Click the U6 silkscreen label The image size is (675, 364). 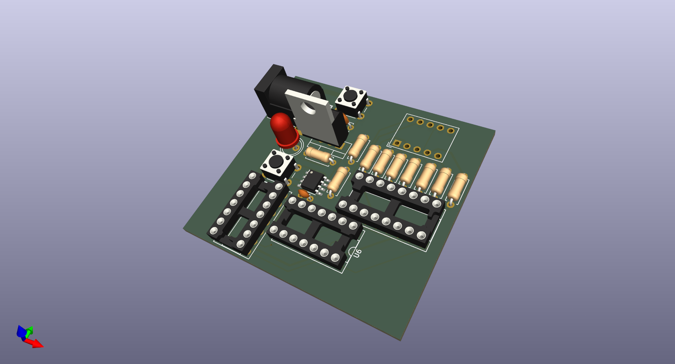coord(357,253)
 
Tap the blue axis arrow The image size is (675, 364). coord(21,332)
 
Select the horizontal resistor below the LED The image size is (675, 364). coord(318,155)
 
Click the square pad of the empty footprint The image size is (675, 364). coord(397,143)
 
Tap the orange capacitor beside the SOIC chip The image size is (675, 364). coord(303,193)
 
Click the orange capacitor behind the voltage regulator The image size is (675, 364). coord(346,117)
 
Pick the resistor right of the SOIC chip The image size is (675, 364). coord(337,180)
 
